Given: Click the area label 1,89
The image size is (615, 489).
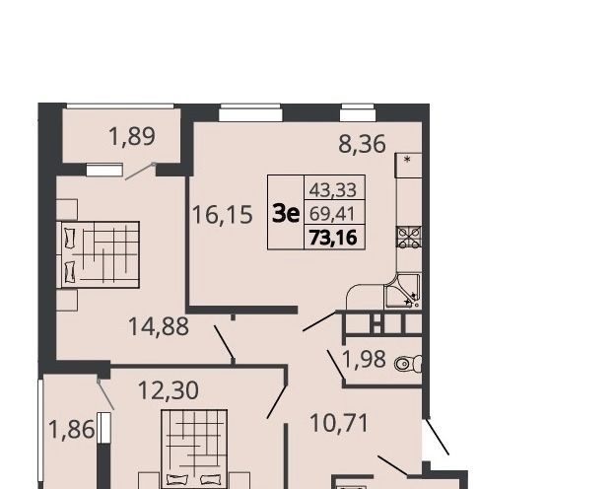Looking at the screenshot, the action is [x=132, y=137].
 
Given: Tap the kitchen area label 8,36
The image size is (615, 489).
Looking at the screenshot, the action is [x=362, y=144].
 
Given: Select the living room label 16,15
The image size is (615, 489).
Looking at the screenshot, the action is [x=222, y=215].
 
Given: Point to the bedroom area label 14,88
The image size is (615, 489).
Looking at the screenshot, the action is [x=159, y=326].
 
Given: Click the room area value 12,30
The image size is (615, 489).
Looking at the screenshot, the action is [x=169, y=390].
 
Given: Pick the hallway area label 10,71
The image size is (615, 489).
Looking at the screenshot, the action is [x=339, y=424].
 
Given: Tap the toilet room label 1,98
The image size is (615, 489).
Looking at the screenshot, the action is [x=364, y=359].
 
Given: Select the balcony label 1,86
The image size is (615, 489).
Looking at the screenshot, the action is [x=71, y=429].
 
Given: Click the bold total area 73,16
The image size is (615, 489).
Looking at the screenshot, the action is [x=333, y=238].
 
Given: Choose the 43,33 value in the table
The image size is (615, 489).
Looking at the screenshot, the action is [x=333, y=190].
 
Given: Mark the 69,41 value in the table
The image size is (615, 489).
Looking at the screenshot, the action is [x=332, y=214].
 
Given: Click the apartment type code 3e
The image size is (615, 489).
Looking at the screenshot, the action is [x=286, y=214].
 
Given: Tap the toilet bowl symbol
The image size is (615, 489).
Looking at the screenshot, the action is [x=408, y=364].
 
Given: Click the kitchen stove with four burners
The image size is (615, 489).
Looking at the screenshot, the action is [x=409, y=238].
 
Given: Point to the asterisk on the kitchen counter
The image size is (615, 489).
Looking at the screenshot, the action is [x=407, y=160].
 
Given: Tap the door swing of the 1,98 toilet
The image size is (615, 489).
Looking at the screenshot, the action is [x=336, y=365].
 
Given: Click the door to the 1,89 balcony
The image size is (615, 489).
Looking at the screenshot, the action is [x=140, y=172].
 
